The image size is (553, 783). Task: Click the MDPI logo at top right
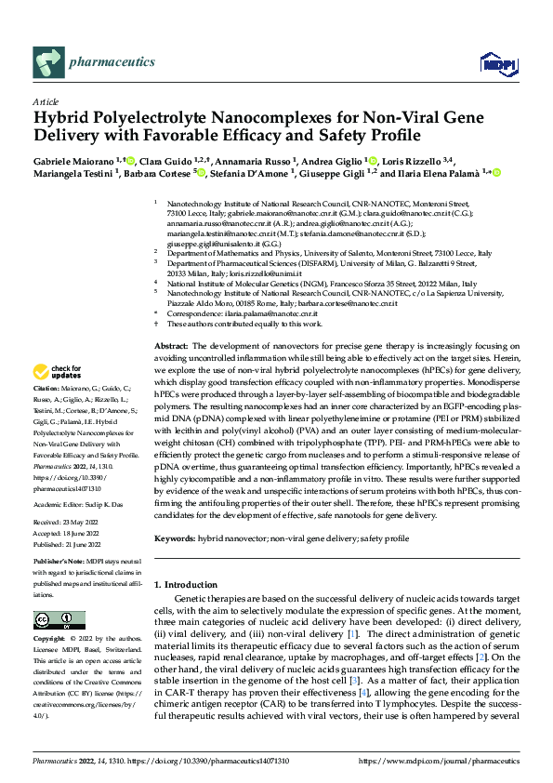click(494, 62)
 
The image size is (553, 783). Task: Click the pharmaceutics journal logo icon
click(47, 62)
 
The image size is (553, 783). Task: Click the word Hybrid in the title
click(61, 119)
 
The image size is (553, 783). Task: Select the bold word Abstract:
click(172, 345)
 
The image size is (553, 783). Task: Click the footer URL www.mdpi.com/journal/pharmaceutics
click(446, 762)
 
